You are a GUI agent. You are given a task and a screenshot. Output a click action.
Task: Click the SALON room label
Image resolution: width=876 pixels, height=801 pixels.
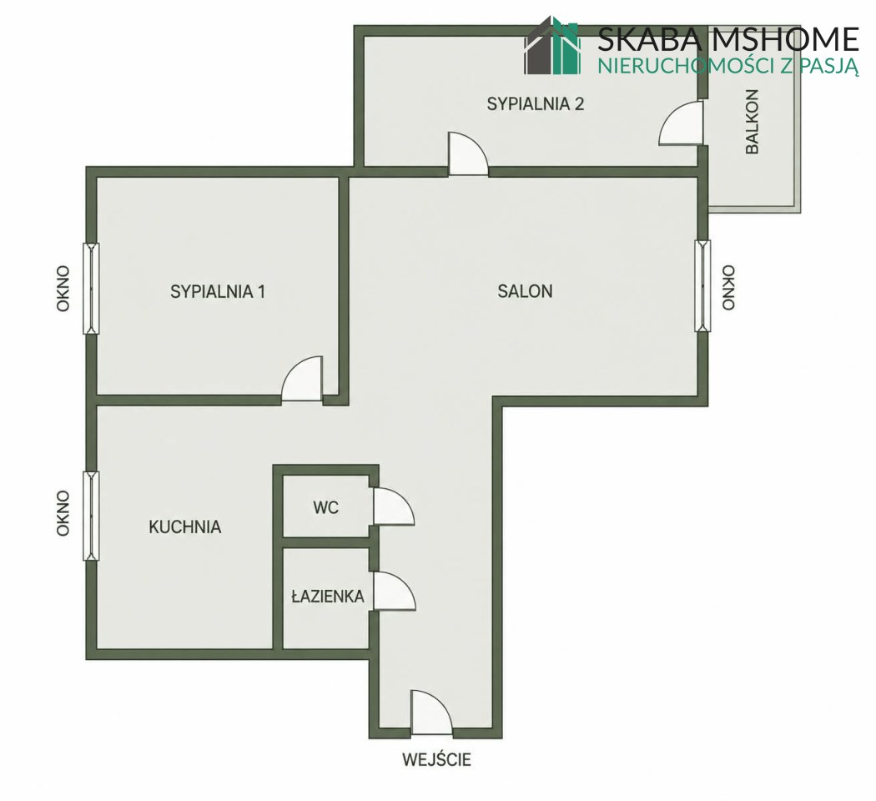coord(525,291)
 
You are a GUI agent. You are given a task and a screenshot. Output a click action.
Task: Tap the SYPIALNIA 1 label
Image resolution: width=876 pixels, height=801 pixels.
coord(218,291)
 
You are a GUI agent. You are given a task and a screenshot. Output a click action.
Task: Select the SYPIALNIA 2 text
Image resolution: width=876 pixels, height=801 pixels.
coord(536,104)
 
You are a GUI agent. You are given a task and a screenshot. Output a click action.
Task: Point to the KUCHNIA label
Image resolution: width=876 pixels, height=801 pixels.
coord(185,527)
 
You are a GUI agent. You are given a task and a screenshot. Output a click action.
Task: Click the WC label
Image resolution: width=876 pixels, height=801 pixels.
coord(325,508)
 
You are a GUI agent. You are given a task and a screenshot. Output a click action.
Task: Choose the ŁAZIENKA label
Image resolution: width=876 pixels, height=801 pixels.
coord(328,597)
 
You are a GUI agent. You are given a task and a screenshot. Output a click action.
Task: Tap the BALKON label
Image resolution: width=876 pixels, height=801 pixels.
coord(752,122)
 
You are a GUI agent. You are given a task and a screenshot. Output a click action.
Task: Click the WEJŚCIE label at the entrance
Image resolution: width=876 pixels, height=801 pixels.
coord(437,759)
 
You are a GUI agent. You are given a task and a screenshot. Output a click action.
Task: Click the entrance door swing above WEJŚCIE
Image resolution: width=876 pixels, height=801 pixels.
coord(431,713)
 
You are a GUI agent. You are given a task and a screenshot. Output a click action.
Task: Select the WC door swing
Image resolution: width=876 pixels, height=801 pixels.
coord(393,506)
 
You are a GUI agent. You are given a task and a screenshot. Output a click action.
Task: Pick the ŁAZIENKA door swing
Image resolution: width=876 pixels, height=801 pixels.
coord(394,591)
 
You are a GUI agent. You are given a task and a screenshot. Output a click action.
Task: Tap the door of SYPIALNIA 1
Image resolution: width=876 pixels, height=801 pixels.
coord(302,378)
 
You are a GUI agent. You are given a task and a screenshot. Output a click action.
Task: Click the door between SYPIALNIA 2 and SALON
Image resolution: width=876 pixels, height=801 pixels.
coord(468,154)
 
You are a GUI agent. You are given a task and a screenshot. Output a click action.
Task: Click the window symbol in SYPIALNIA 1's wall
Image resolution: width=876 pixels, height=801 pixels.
coord(91,289)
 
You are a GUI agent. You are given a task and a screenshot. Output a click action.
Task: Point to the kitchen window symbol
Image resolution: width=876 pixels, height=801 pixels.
coord(91,516)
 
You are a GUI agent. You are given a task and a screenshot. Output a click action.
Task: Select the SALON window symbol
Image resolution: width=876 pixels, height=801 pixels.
coord(702,285)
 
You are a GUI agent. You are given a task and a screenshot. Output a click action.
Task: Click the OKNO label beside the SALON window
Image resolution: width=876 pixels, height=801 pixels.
coord(728,288)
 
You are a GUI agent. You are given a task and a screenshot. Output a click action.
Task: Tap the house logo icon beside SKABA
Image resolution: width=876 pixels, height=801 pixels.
coord(552,45)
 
